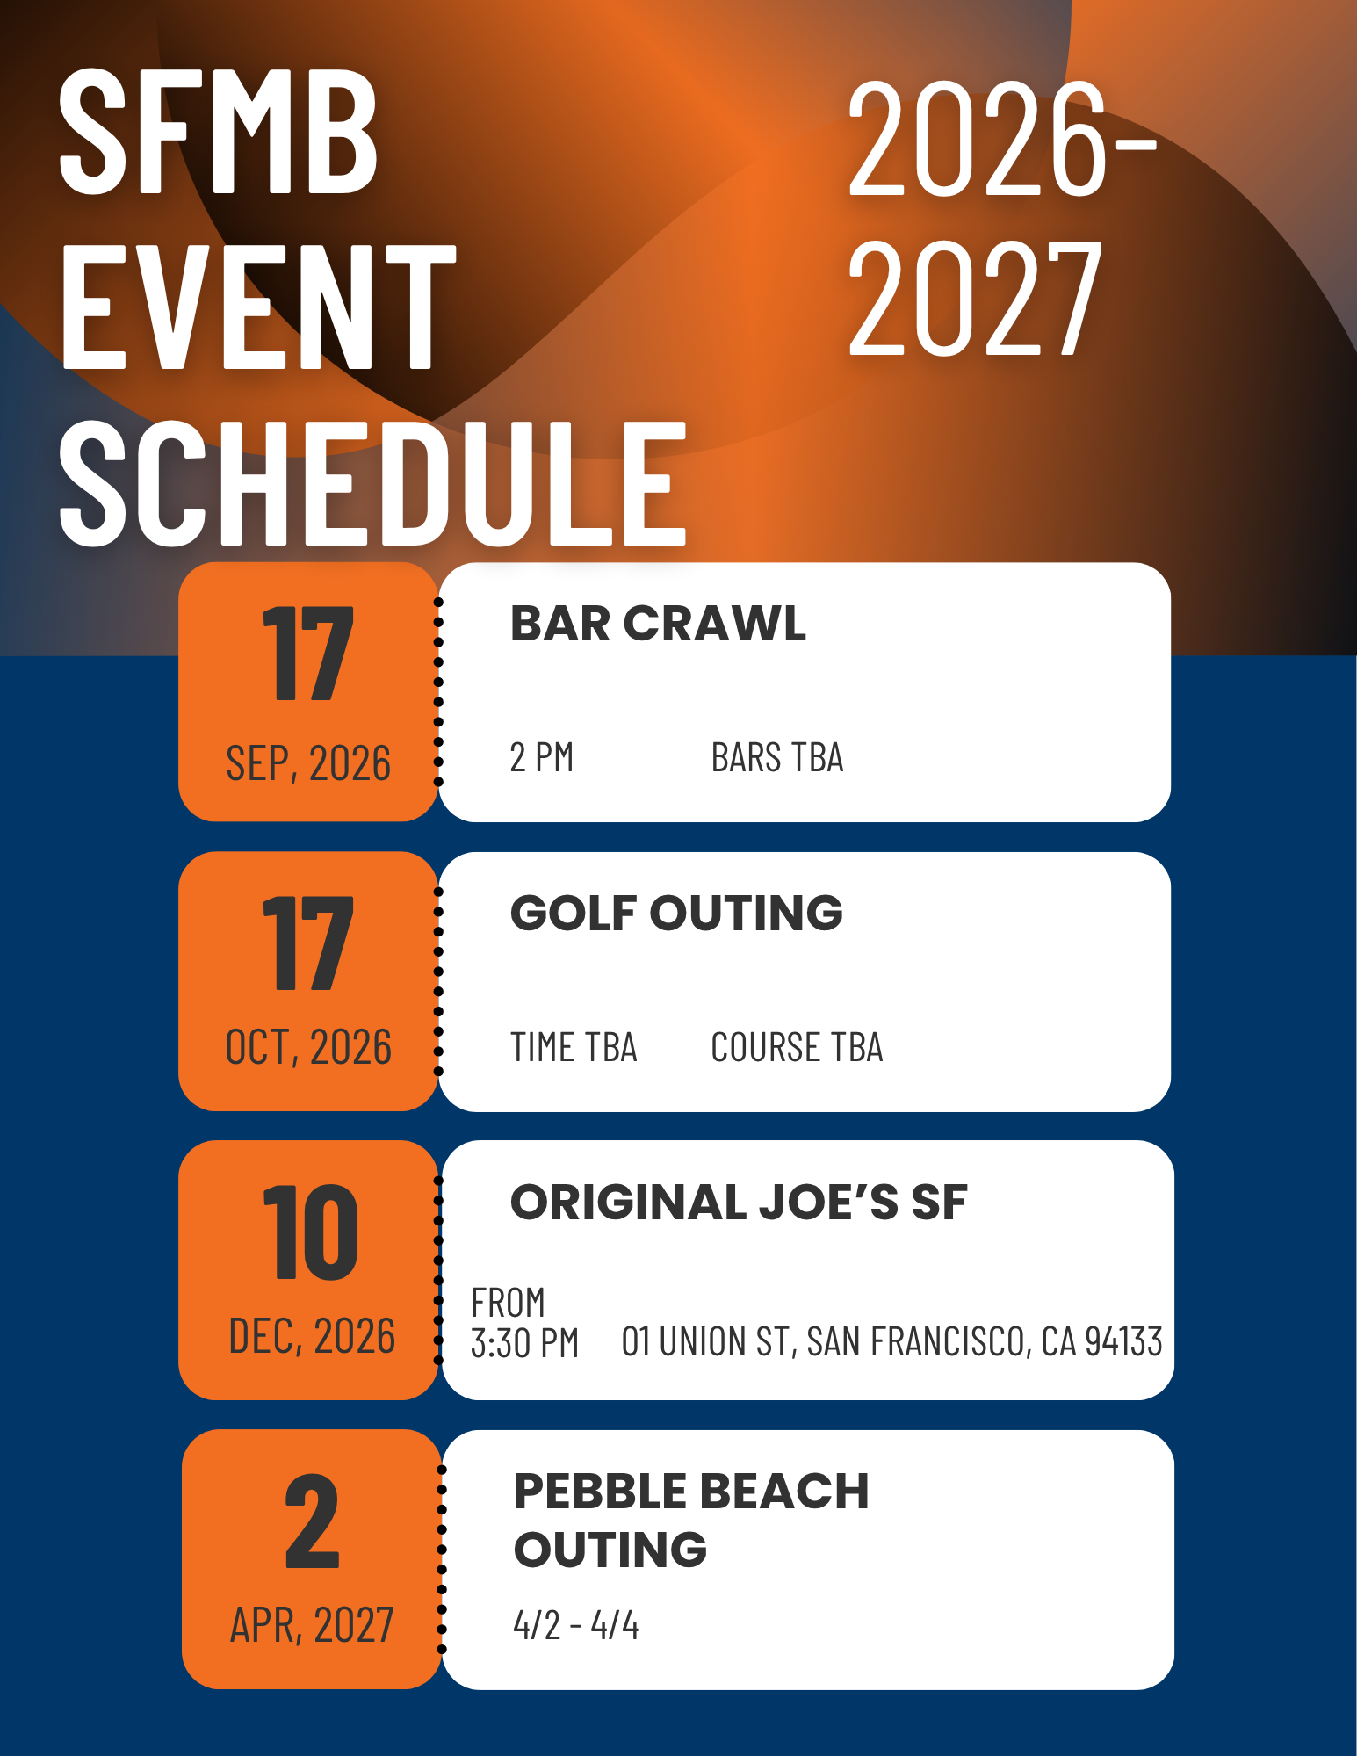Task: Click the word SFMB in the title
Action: [x=219, y=132]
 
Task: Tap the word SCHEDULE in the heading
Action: [x=372, y=482]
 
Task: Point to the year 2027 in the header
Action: [x=975, y=299]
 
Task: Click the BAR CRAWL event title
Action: [x=658, y=624]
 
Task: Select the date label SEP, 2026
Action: [x=308, y=762]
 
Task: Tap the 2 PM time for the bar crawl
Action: [x=542, y=757]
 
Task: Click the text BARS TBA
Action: [x=777, y=757]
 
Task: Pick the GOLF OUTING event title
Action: [x=676, y=913]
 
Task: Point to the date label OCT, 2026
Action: [x=308, y=1047]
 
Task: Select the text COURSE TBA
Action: [x=797, y=1047]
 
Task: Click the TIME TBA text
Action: [x=574, y=1047]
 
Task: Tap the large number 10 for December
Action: [x=310, y=1232]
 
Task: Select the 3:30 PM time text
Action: [x=525, y=1343]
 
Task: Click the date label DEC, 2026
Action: [x=312, y=1336]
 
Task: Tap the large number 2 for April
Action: [x=312, y=1521]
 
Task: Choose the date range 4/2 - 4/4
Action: [x=576, y=1625]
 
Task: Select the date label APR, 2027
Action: [x=312, y=1625]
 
